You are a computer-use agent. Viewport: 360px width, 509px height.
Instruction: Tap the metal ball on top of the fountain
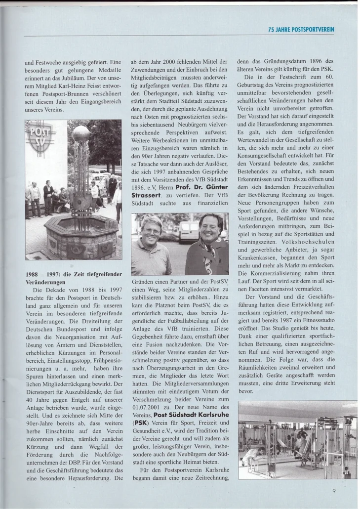[81, 134]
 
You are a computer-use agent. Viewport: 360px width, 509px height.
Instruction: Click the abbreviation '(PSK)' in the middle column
[140, 423]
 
